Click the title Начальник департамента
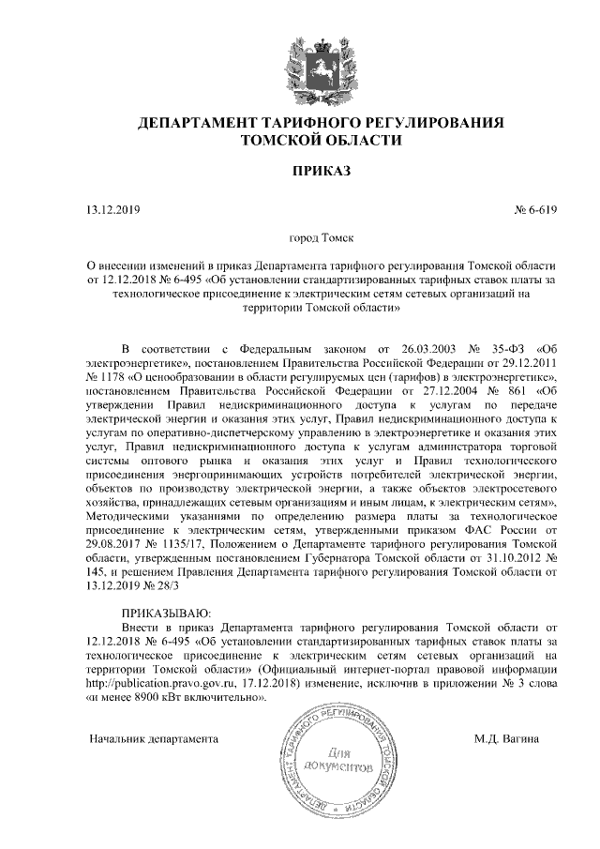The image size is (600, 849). pos(153,738)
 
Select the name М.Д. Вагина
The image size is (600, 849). pos(506,738)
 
